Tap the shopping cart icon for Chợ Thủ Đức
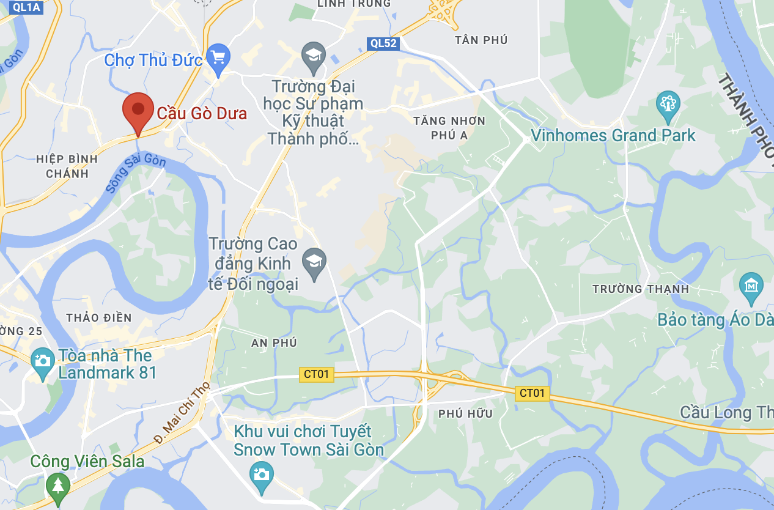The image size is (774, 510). pyautogui.click(x=218, y=59)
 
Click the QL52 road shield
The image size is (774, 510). pyautogui.click(x=383, y=43)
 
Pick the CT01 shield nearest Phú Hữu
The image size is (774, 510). pyautogui.click(x=531, y=393)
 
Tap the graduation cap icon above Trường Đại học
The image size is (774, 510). pyautogui.click(x=314, y=56)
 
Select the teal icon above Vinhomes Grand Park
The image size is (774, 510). pyautogui.click(x=668, y=106)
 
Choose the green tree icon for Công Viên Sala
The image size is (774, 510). pyautogui.click(x=58, y=486)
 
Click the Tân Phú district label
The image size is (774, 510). pyautogui.click(x=481, y=40)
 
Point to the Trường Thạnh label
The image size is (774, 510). pyautogui.click(x=640, y=289)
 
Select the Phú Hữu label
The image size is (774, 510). pyautogui.click(x=465, y=414)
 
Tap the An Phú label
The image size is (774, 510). pyautogui.click(x=274, y=343)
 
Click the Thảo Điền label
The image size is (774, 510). pyautogui.click(x=98, y=317)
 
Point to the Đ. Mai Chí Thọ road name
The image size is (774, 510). pyautogui.click(x=182, y=413)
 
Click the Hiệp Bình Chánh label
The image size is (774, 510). pyautogui.click(x=67, y=166)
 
